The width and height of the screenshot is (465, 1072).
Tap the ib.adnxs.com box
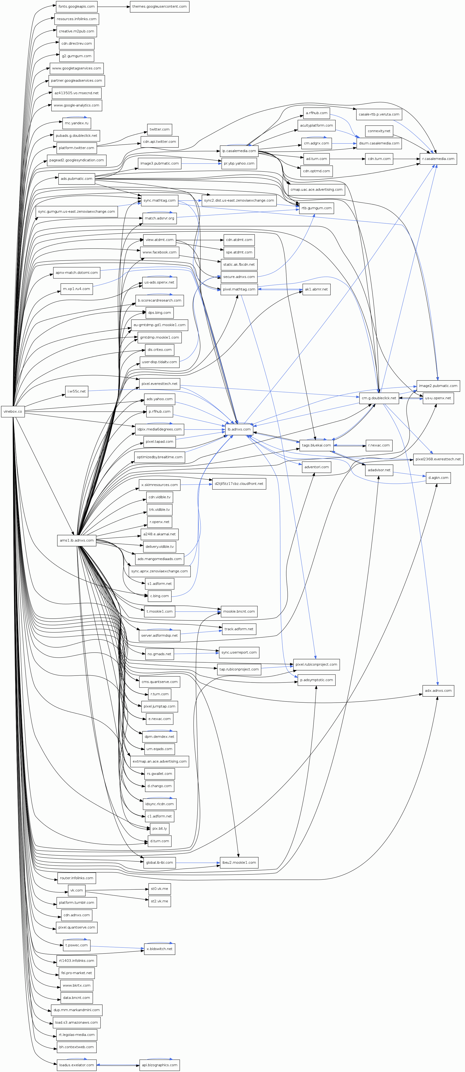point(239,429)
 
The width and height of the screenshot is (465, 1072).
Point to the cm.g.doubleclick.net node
point(379,398)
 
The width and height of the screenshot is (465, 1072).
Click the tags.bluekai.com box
point(316,445)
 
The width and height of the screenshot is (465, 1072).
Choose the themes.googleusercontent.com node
point(159,7)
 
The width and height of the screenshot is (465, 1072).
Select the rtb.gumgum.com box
point(317,208)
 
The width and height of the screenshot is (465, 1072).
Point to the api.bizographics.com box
point(160,1065)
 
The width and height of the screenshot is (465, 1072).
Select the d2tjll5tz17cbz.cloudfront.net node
point(239,483)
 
